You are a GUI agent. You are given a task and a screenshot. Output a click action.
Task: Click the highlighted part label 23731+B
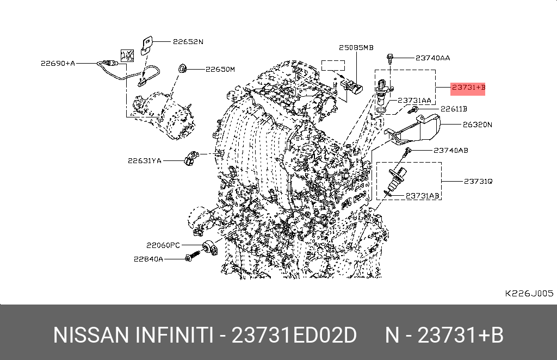pyautogui.click(x=468, y=88)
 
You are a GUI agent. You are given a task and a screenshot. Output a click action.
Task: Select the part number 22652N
pyautogui.click(x=188, y=41)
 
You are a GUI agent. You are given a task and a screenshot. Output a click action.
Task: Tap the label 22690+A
pyautogui.click(x=58, y=64)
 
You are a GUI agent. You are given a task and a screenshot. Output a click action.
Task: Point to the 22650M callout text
pyautogui.click(x=220, y=69)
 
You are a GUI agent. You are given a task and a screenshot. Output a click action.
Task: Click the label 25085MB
pyautogui.click(x=356, y=47)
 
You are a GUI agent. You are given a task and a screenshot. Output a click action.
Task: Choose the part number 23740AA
pyautogui.click(x=432, y=58)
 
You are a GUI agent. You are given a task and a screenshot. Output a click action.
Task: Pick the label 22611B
pyautogui.click(x=454, y=109)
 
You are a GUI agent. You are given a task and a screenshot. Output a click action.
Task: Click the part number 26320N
pyautogui.click(x=478, y=125)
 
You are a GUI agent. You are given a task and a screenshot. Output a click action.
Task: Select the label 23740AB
pyautogui.click(x=451, y=151)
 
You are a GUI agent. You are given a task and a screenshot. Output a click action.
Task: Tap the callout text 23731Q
pyautogui.click(x=478, y=182)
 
